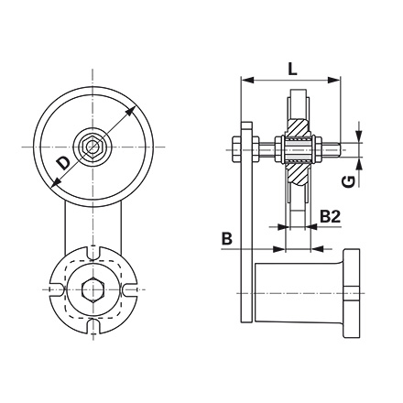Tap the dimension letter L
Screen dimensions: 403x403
(290, 68)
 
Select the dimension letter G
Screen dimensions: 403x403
(348, 181)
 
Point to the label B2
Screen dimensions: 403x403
(332, 216)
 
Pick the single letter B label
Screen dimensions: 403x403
(226, 239)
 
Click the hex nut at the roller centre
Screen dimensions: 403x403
(91, 147)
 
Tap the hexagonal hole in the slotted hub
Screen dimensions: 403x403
(91, 289)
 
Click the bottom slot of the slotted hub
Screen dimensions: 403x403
(91, 325)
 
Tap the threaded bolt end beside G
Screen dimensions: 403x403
(339, 146)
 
